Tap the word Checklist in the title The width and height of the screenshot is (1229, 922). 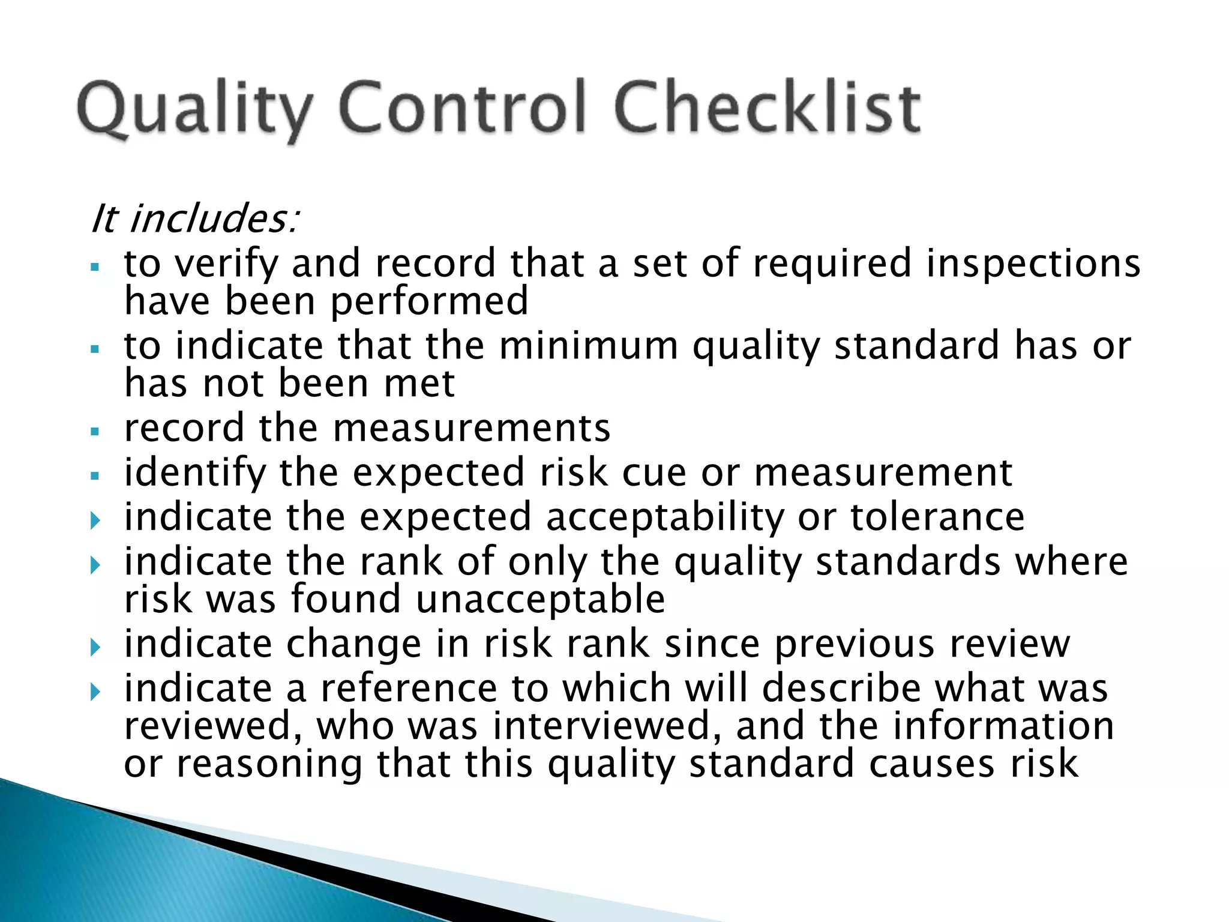coord(767,108)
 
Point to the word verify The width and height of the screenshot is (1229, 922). coord(226,264)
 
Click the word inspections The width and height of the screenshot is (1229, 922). coord(1033,264)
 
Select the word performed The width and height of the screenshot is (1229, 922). coord(429,301)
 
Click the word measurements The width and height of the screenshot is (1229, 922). coord(471,428)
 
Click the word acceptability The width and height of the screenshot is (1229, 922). coord(664,517)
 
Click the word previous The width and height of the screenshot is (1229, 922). coord(855,644)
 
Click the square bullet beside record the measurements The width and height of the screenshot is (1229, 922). coord(94,431)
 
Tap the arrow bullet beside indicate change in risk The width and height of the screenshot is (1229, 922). coord(95,647)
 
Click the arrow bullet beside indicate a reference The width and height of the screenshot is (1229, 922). coord(95,692)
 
